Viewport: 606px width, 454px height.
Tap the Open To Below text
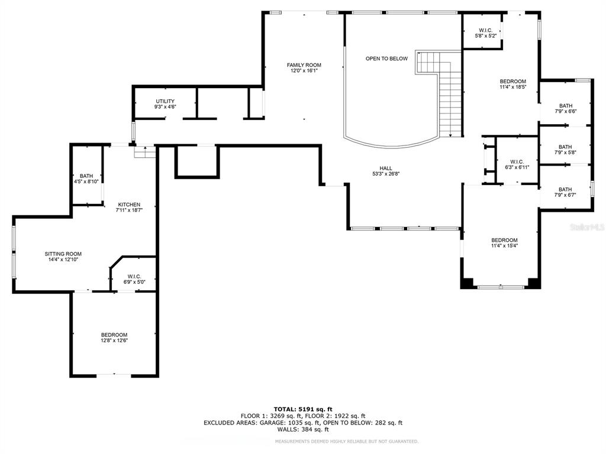(x=386, y=59)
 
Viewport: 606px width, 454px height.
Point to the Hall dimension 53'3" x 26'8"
(x=386, y=174)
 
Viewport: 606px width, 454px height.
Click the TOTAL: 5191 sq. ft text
(x=303, y=409)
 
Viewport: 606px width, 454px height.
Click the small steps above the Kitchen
(x=145, y=152)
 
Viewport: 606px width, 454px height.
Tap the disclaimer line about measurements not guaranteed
(x=347, y=441)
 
